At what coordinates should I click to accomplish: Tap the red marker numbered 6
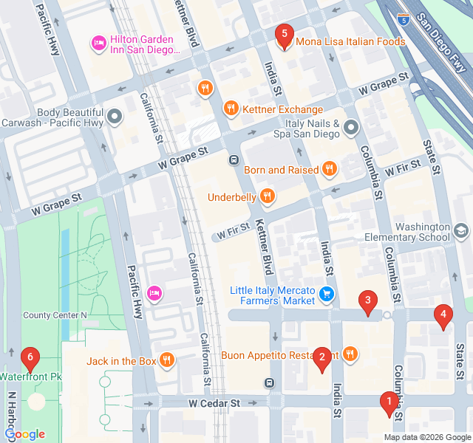30,359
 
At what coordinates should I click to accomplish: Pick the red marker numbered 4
443,316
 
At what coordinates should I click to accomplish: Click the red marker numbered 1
389,403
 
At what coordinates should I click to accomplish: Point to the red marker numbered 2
321,359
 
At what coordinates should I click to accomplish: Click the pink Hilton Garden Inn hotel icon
98,44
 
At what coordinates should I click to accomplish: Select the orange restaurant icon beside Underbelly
268,196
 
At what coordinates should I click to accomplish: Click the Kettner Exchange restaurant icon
231,109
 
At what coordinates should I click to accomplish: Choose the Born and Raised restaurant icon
330,169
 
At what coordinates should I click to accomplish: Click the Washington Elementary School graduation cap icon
461,232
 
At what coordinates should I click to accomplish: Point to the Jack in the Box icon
168,360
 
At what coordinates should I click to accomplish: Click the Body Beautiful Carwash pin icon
115,117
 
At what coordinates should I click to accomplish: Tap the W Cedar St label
214,404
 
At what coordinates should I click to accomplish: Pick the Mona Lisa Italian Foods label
350,42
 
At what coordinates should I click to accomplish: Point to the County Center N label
55,315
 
